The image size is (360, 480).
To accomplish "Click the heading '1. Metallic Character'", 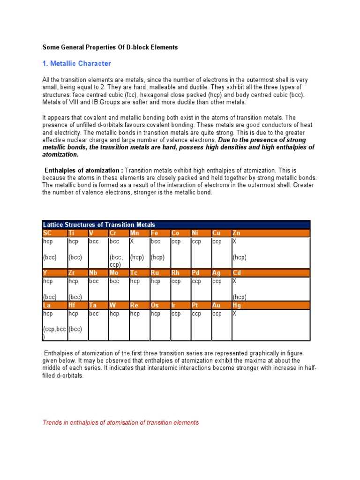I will pos(77,63).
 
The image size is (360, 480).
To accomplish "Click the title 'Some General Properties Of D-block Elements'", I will pos(110,47).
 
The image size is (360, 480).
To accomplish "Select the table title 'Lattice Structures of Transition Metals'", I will pos(99,225).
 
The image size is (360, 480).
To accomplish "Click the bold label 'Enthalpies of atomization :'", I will pos(84,171).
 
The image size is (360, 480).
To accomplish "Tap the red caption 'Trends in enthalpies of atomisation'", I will pos(120,422).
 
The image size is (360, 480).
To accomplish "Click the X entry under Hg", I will pos(234,314).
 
